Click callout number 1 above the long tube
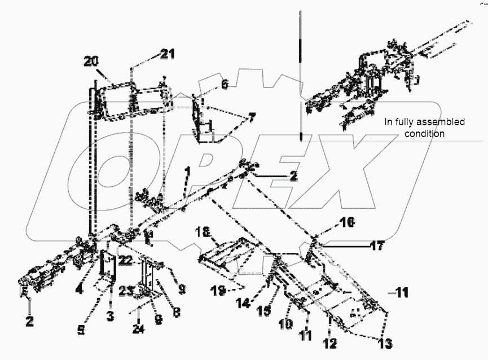pyautogui.click(x=187, y=170)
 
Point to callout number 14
pyautogui.click(x=243, y=303)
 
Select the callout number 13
pyautogui.click(x=385, y=344)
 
